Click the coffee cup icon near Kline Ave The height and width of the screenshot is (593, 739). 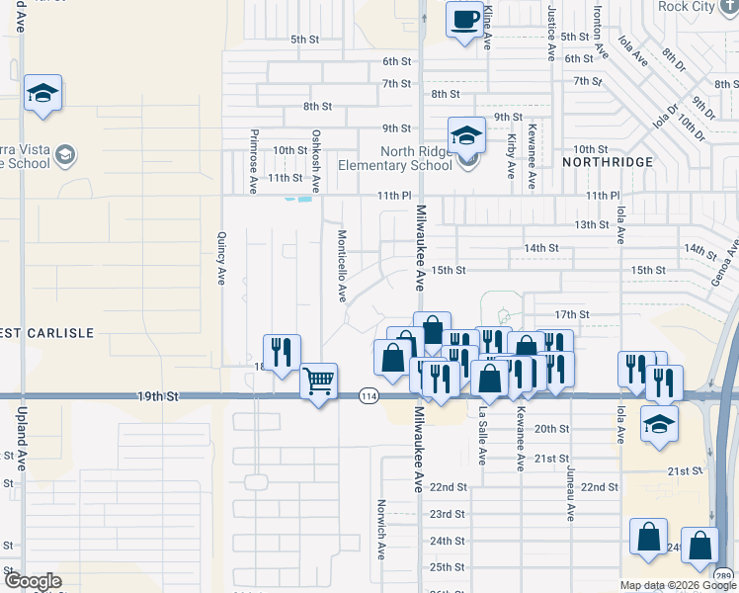(x=464, y=19)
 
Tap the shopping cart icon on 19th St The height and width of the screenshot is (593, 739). (x=318, y=381)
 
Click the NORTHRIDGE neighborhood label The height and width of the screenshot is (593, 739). (x=608, y=161)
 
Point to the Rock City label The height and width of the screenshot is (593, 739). (x=687, y=6)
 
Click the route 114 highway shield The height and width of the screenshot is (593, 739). (x=369, y=395)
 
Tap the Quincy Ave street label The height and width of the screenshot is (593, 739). (x=221, y=258)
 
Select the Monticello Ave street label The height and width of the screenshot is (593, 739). (x=341, y=265)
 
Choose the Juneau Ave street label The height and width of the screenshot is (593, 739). (x=570, y=491)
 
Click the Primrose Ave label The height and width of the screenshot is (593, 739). (x=254, y=158)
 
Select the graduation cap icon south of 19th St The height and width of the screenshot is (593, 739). (x=659, y=423)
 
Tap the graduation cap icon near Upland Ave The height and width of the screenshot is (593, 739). (x=42, y=92)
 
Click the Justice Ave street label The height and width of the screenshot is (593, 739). (x=550, y=30)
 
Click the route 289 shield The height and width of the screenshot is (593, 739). (x=723, y=576)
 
